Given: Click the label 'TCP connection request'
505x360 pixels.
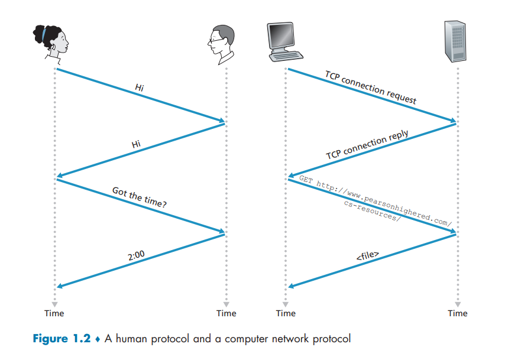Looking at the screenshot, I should (x=371, y=87).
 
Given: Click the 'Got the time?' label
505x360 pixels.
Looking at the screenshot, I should (x=140, y=197).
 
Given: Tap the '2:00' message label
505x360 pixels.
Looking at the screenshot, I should (x=137, y=255).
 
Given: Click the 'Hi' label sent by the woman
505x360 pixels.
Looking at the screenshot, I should (x=140, y=87).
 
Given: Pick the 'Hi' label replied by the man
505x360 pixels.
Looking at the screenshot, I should (x=136, y=144).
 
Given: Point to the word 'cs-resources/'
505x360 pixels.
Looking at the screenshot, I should (x=372, y=210).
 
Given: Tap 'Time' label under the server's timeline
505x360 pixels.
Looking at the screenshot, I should (x=458, y=313).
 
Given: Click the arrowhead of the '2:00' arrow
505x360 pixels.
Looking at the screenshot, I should (x=59, y=287).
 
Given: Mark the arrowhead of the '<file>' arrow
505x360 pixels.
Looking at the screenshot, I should (x=290, y=287).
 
